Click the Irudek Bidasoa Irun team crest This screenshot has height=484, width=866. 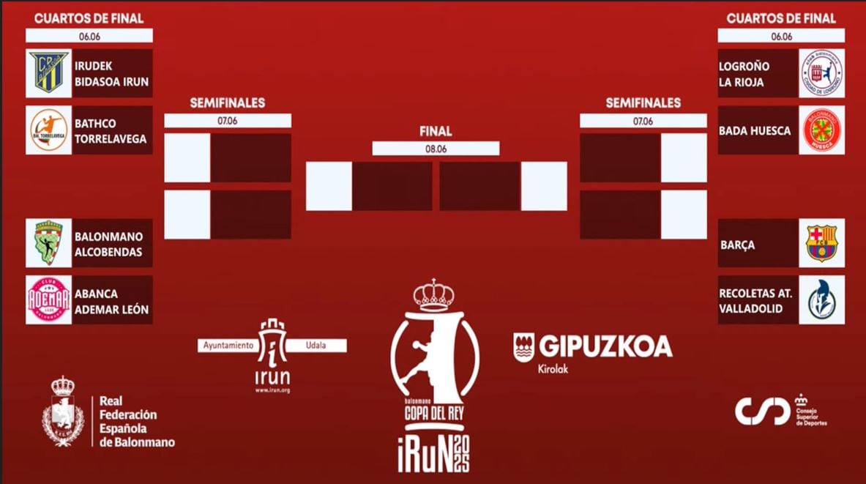48,73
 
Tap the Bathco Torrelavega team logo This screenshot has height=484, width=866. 48,130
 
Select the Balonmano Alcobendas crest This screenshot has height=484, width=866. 48,243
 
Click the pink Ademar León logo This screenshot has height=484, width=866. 48,300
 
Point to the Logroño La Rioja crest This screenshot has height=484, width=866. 821,73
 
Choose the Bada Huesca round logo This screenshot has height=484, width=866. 821,130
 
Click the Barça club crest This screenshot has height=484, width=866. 821,243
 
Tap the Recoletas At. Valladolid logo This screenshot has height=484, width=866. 821,300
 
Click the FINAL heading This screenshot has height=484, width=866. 436,132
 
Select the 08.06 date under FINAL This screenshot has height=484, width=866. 436,149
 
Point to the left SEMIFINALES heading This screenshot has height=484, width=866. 228,103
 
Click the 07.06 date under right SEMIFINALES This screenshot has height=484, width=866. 643,121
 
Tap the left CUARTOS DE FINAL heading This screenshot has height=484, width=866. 89,18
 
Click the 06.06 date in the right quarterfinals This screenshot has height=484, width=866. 781,36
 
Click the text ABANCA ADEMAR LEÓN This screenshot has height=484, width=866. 111,301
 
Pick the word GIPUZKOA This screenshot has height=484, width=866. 605,346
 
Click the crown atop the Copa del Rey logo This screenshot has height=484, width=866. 434,294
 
